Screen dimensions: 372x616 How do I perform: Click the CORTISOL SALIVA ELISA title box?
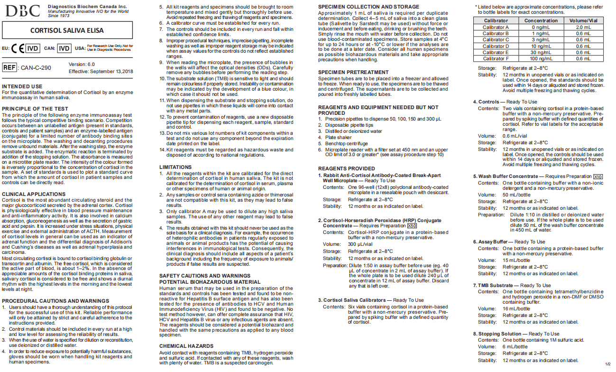pos(67,31)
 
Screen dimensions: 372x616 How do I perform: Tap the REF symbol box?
pos(10,67)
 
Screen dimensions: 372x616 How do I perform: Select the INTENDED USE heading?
pos(22,86)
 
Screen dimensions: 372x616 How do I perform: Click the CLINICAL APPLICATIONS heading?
pos(34,194)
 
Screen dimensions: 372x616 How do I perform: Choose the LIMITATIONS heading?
pos(175,167)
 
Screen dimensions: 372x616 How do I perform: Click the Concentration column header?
pos(541,21)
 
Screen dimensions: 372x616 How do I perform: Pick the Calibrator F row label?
pos(496,59)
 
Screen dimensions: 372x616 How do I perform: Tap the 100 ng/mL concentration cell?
pos(541,59)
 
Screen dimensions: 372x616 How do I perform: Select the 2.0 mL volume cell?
pos(583,27)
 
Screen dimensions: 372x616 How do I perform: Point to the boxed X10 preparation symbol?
pos(598,177)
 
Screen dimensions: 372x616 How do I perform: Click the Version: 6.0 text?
pos(82,64)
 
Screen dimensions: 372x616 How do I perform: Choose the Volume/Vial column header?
pos(583,21)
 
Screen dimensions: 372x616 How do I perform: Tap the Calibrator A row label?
pos(496,27)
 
